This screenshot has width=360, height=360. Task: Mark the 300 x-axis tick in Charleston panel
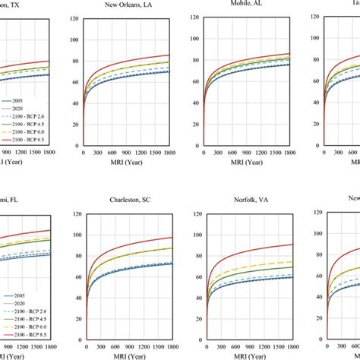point(103,345)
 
